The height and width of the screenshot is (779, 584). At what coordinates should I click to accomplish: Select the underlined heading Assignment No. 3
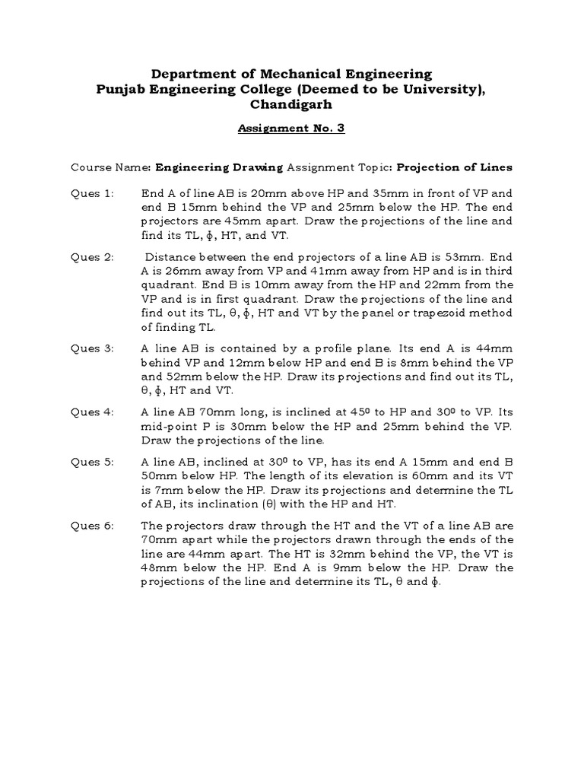point(291,129)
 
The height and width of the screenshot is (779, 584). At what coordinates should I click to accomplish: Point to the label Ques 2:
point(92,257)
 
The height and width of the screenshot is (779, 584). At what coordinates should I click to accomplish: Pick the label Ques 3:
point(92,348)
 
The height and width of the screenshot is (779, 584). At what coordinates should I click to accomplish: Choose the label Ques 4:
point(92,412)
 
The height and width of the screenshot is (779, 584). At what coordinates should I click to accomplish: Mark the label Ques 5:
point(92,462)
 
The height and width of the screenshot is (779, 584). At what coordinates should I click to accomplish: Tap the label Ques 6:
point(92,526)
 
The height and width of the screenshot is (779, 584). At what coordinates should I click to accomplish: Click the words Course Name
point(111,167)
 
